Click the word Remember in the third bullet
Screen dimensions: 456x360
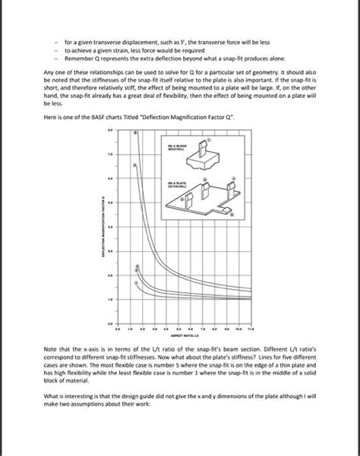tap(77, 58)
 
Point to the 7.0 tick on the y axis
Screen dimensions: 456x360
tap(109, 154)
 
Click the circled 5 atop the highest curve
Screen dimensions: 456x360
tap(136, 133)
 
